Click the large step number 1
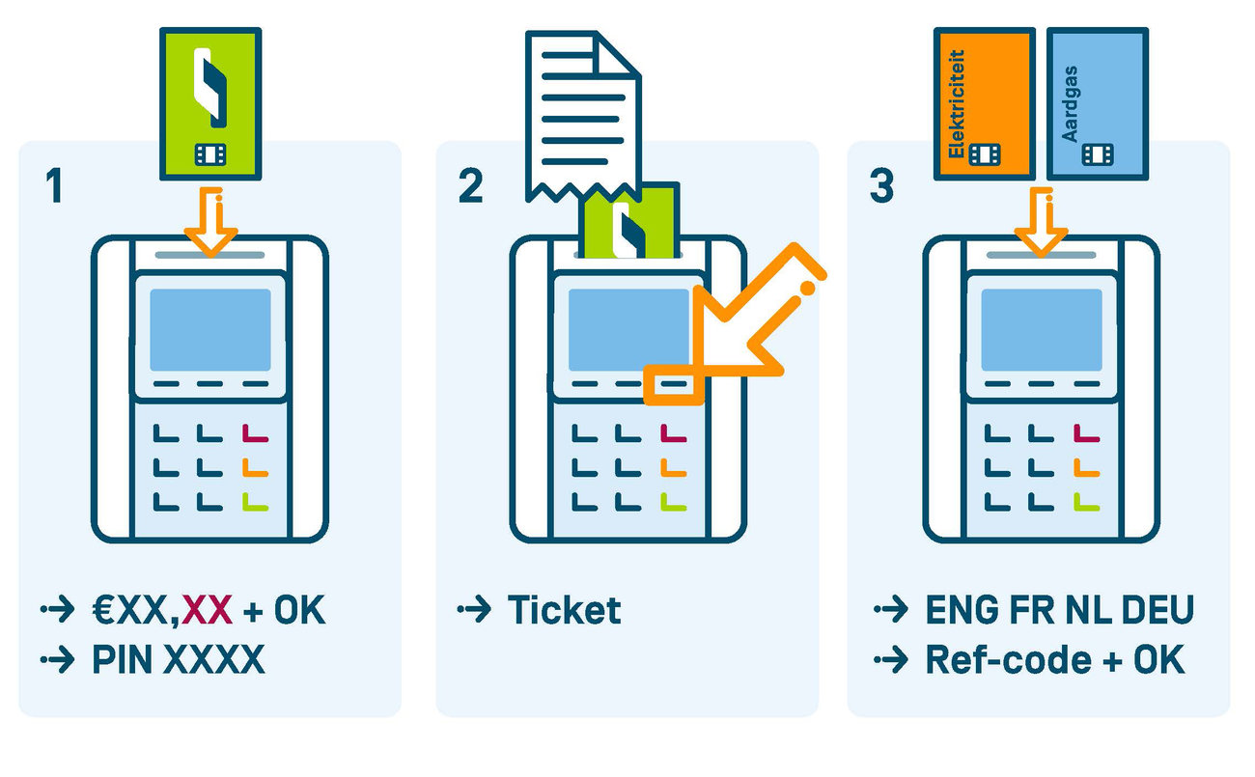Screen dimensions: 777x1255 pos(54,185)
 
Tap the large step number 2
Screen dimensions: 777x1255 pos(470,185)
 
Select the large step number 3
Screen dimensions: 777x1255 pos(881,185)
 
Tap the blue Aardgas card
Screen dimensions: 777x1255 pos(1098,103)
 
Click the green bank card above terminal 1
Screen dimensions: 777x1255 pos(209,103)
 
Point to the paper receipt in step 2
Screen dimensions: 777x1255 pos(579,111)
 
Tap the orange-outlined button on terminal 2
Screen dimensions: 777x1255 pos(674,384)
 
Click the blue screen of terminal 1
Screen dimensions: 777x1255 pos(209,329)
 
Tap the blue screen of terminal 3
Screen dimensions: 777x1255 pos(1041,329)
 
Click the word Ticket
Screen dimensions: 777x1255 pos(564,610)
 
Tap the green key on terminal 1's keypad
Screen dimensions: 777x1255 pos(254,501)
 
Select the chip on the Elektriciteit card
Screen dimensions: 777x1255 pos(985,154)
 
